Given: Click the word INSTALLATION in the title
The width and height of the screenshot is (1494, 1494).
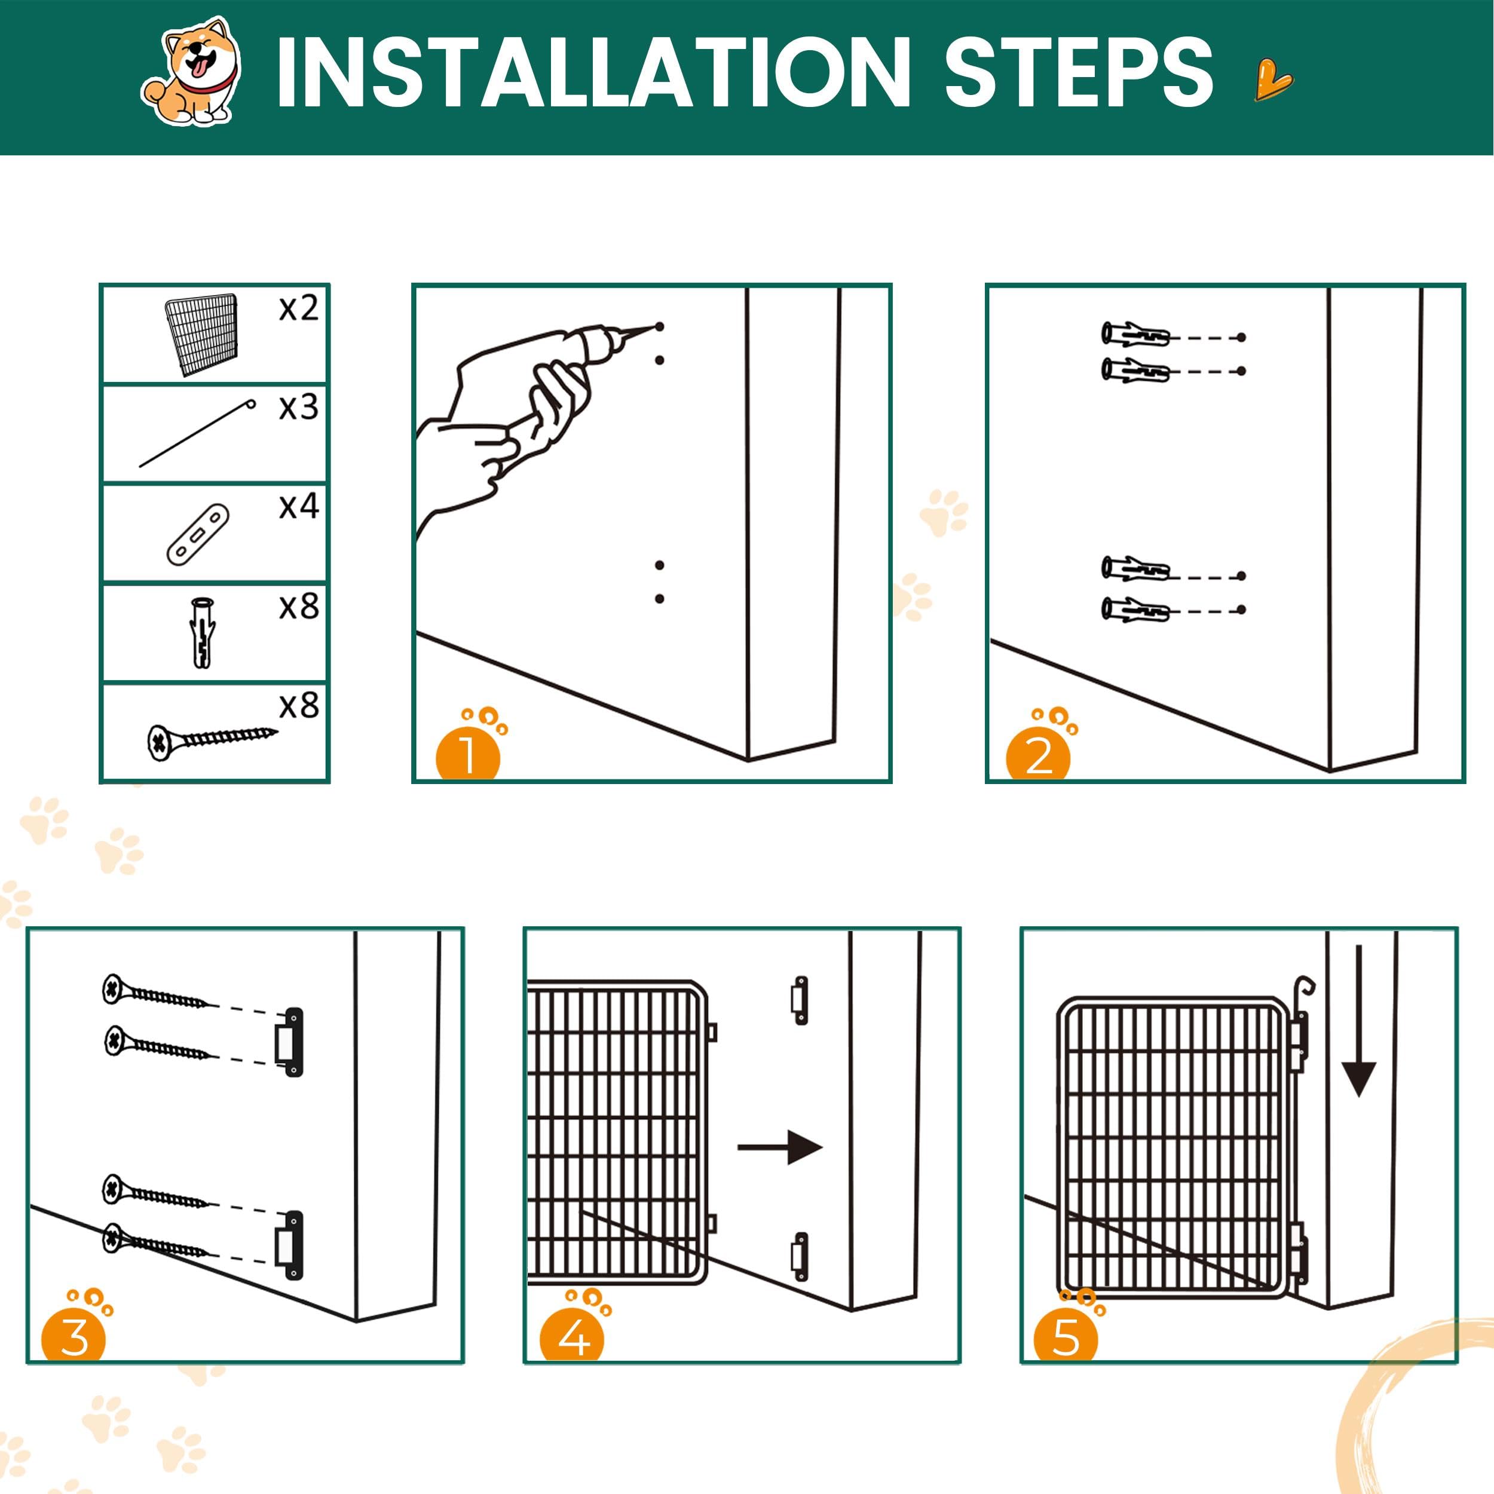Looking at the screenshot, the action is (593, 73).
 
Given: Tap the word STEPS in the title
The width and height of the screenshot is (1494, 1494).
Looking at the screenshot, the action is (1079, 73).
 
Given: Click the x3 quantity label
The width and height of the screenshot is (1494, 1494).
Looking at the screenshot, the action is (298, 407).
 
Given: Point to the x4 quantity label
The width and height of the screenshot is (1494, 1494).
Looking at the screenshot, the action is (298, 507).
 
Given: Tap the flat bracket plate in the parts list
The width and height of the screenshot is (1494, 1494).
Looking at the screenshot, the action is (199, 534).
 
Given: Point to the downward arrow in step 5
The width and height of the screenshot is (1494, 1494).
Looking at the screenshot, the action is (1359, 1020).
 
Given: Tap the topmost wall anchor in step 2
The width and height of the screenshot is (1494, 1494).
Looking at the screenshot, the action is (1135, 335).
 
